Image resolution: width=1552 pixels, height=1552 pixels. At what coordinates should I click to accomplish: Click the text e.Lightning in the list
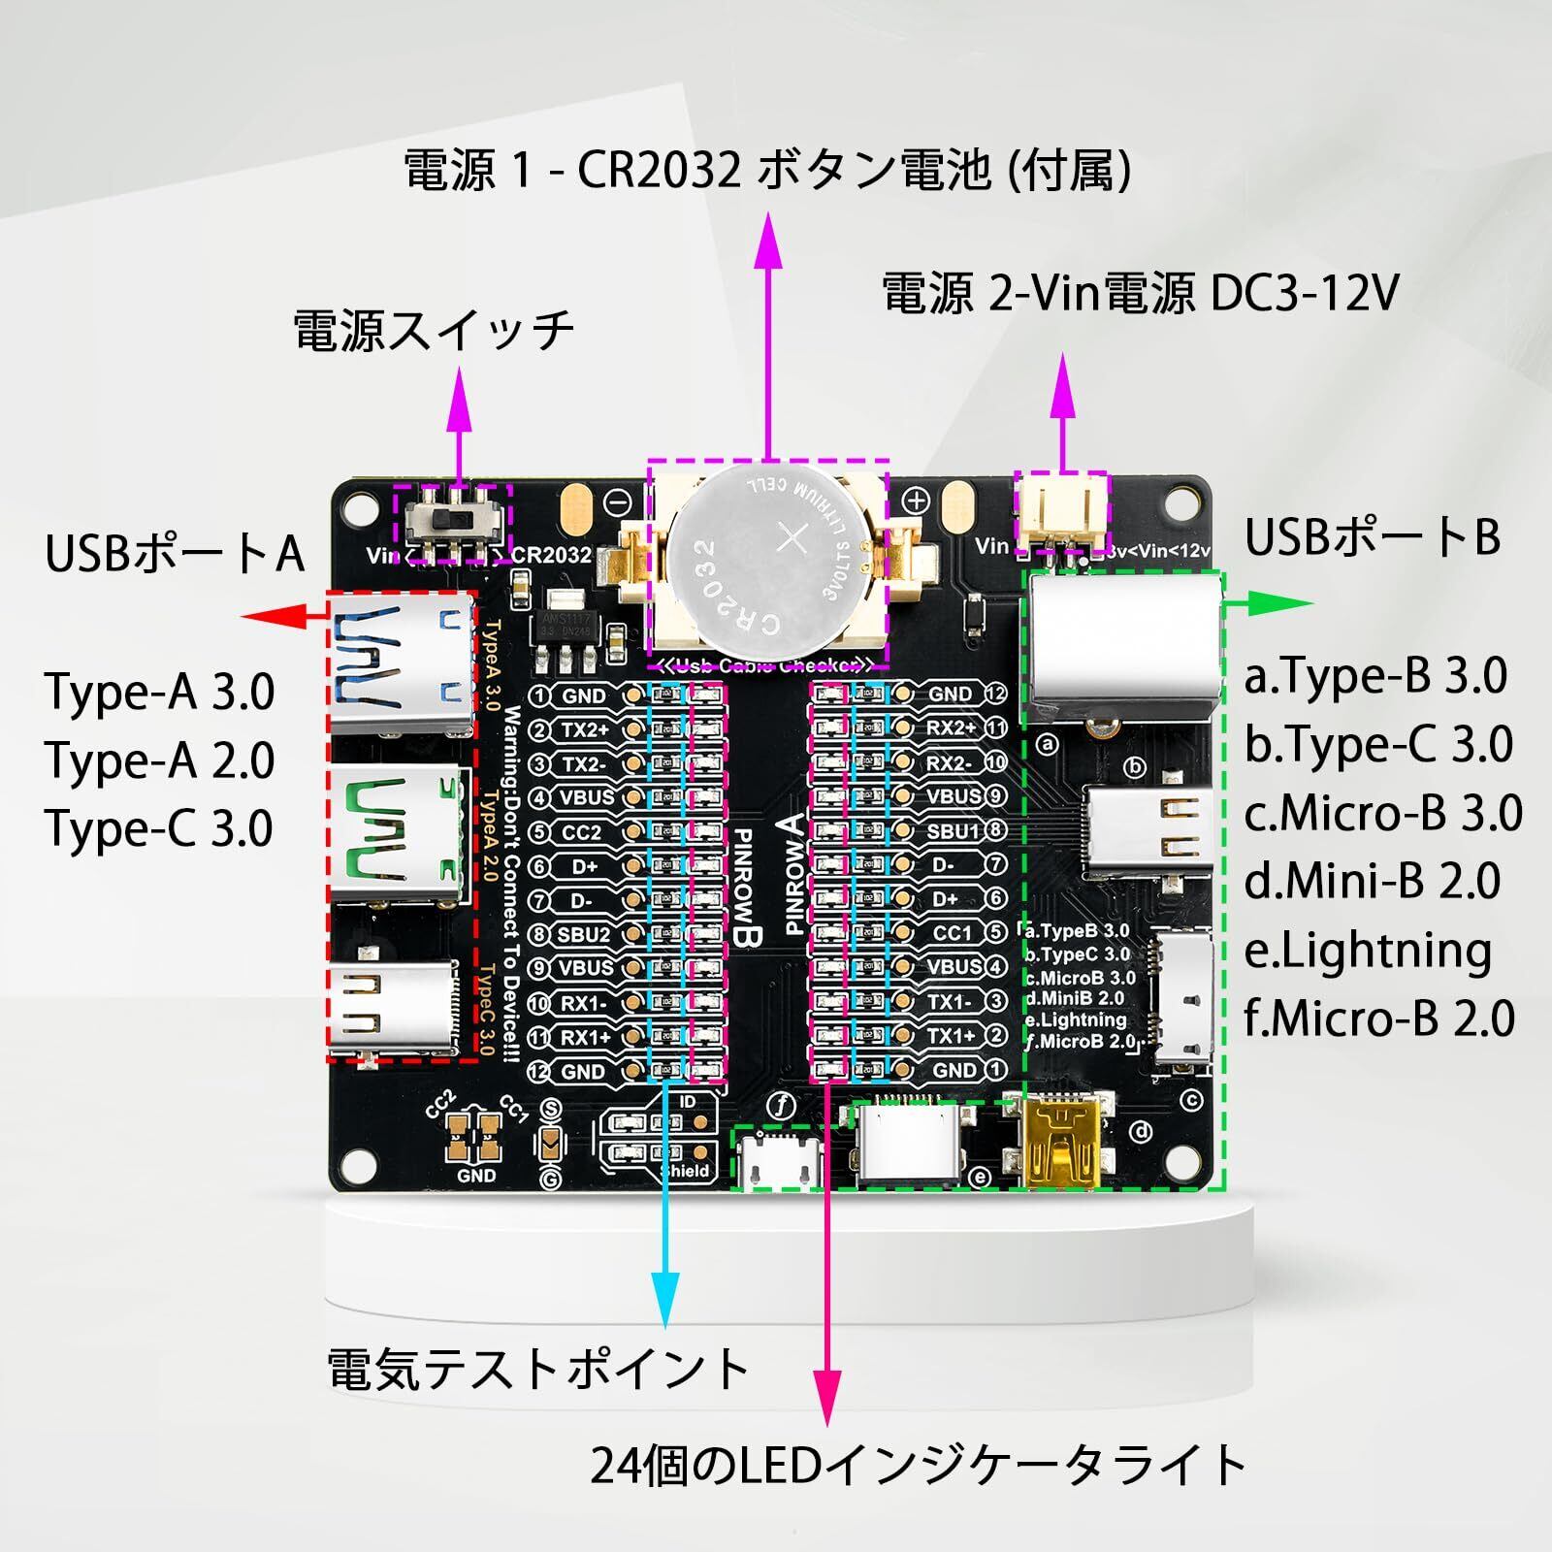click(x=1367, y=952)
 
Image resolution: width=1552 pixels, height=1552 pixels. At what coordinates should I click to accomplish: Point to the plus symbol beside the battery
click(x=916, y=501)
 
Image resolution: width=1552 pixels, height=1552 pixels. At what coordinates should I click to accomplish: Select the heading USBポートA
click(x=175, y=554)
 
